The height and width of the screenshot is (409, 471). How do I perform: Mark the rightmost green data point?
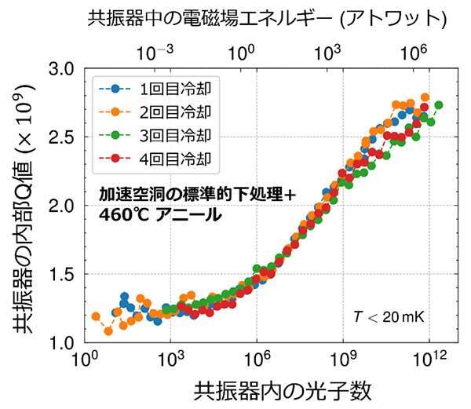tap(439, 105)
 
